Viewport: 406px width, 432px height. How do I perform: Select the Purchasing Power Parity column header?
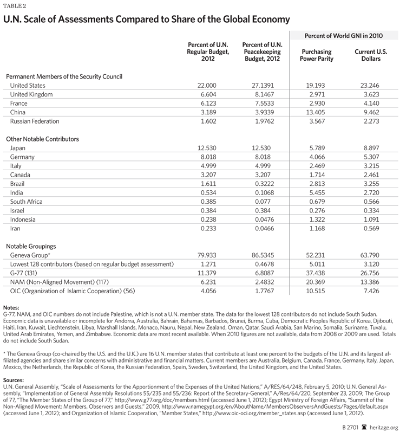click(316, 55)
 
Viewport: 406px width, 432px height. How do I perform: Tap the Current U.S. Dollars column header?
click(371, 55)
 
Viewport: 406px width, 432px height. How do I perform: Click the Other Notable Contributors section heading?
click(43, 139)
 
